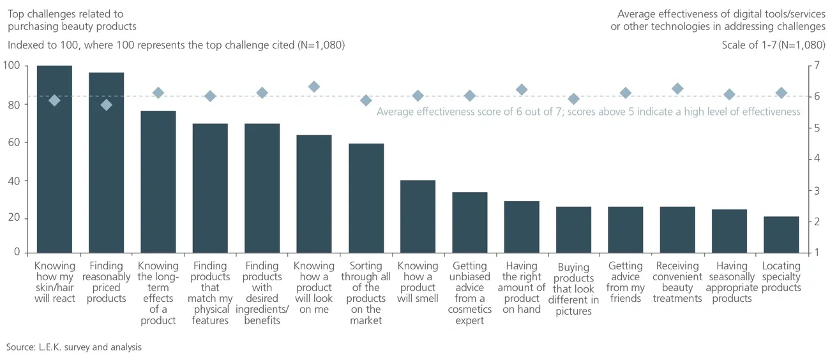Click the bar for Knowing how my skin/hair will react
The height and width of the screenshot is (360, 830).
point(54,166)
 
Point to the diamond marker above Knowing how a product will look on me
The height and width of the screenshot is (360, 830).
point(313,87)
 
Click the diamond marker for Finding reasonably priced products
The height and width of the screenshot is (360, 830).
point(106,105)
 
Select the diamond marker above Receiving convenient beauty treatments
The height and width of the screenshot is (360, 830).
point(677,89)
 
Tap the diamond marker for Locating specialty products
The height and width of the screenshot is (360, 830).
point(781,93)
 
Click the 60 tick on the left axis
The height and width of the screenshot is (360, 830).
point(13,142)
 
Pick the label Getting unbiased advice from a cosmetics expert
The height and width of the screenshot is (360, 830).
point(469,293)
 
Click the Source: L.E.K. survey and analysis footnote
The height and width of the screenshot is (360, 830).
point(74,347)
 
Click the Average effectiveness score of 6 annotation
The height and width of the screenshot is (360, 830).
point(587,112)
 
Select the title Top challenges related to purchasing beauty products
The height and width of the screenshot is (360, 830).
point(72,20)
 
